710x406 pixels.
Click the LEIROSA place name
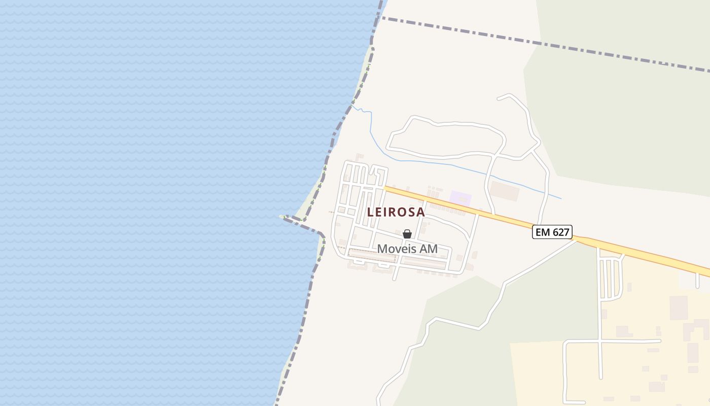coord(396,212)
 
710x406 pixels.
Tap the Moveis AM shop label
coord(407,249)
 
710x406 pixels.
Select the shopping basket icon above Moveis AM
coord(407,234)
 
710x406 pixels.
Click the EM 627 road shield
coord(552,232)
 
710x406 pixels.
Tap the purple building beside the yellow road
coord(460,198)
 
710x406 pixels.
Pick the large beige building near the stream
coord(504,191)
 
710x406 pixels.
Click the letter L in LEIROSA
coord(371,212)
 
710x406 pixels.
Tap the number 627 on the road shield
coord(560,232)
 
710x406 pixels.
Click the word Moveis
coord(394,249)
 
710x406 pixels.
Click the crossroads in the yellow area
coord(600,341)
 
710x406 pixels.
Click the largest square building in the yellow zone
coord(679,308)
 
